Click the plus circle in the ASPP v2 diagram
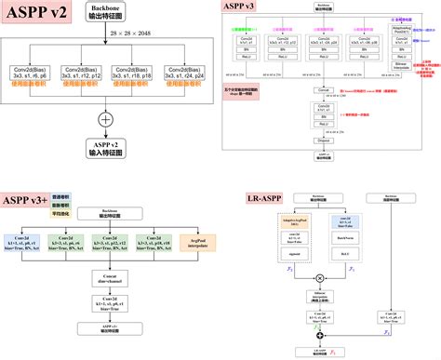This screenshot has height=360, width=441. pos(105,119)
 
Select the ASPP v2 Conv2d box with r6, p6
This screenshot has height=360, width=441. pos(33,74)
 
